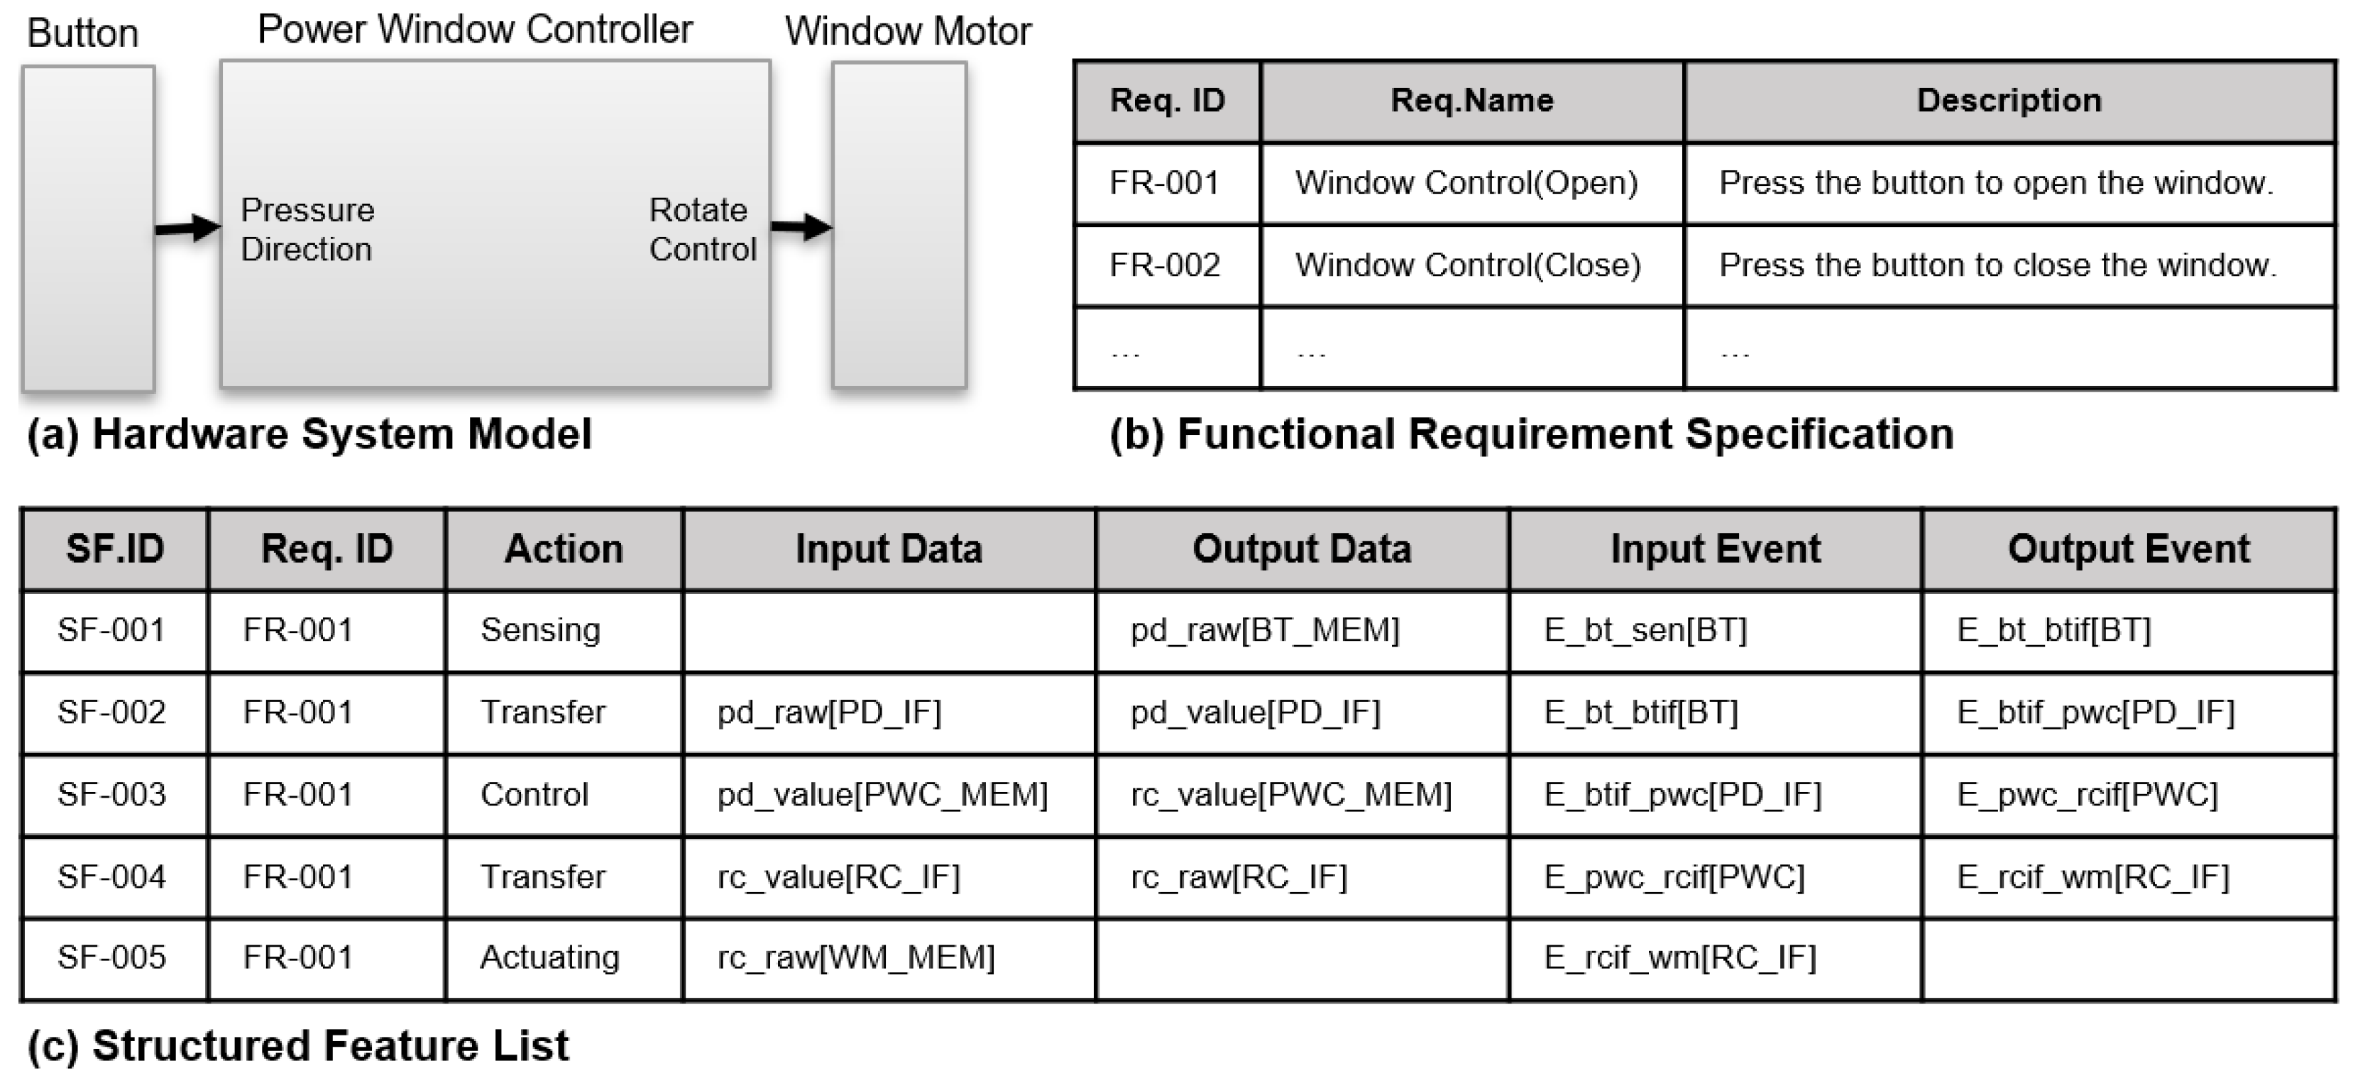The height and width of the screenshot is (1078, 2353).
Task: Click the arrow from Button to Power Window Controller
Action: tap(187, 228)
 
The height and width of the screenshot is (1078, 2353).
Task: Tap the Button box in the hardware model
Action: tap(88, 229)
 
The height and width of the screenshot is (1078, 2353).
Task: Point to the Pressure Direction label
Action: tap(307, 229)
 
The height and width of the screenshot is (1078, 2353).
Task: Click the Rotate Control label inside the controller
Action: tap(701, 229)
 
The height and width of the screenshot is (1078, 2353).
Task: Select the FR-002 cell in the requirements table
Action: tap(1165, 265)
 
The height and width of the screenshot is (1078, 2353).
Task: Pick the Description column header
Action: tap(2008, 101)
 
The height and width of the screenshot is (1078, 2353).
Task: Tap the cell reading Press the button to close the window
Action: tap(1997, 265)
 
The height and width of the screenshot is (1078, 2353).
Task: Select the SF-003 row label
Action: tap(111, 794)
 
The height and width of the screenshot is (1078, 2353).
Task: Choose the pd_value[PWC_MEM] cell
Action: tap(882, 794)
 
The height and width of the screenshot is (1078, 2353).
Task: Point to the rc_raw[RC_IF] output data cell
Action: tap(1238, 876)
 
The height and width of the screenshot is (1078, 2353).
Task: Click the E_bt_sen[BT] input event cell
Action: tap(1644, 629)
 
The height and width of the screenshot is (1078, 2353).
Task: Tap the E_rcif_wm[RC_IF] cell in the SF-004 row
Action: tap(2092, 876)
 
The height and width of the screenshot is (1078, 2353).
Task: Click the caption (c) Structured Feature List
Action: tap(298, 1045)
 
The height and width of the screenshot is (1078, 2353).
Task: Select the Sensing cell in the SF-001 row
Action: tap(540, 629)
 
